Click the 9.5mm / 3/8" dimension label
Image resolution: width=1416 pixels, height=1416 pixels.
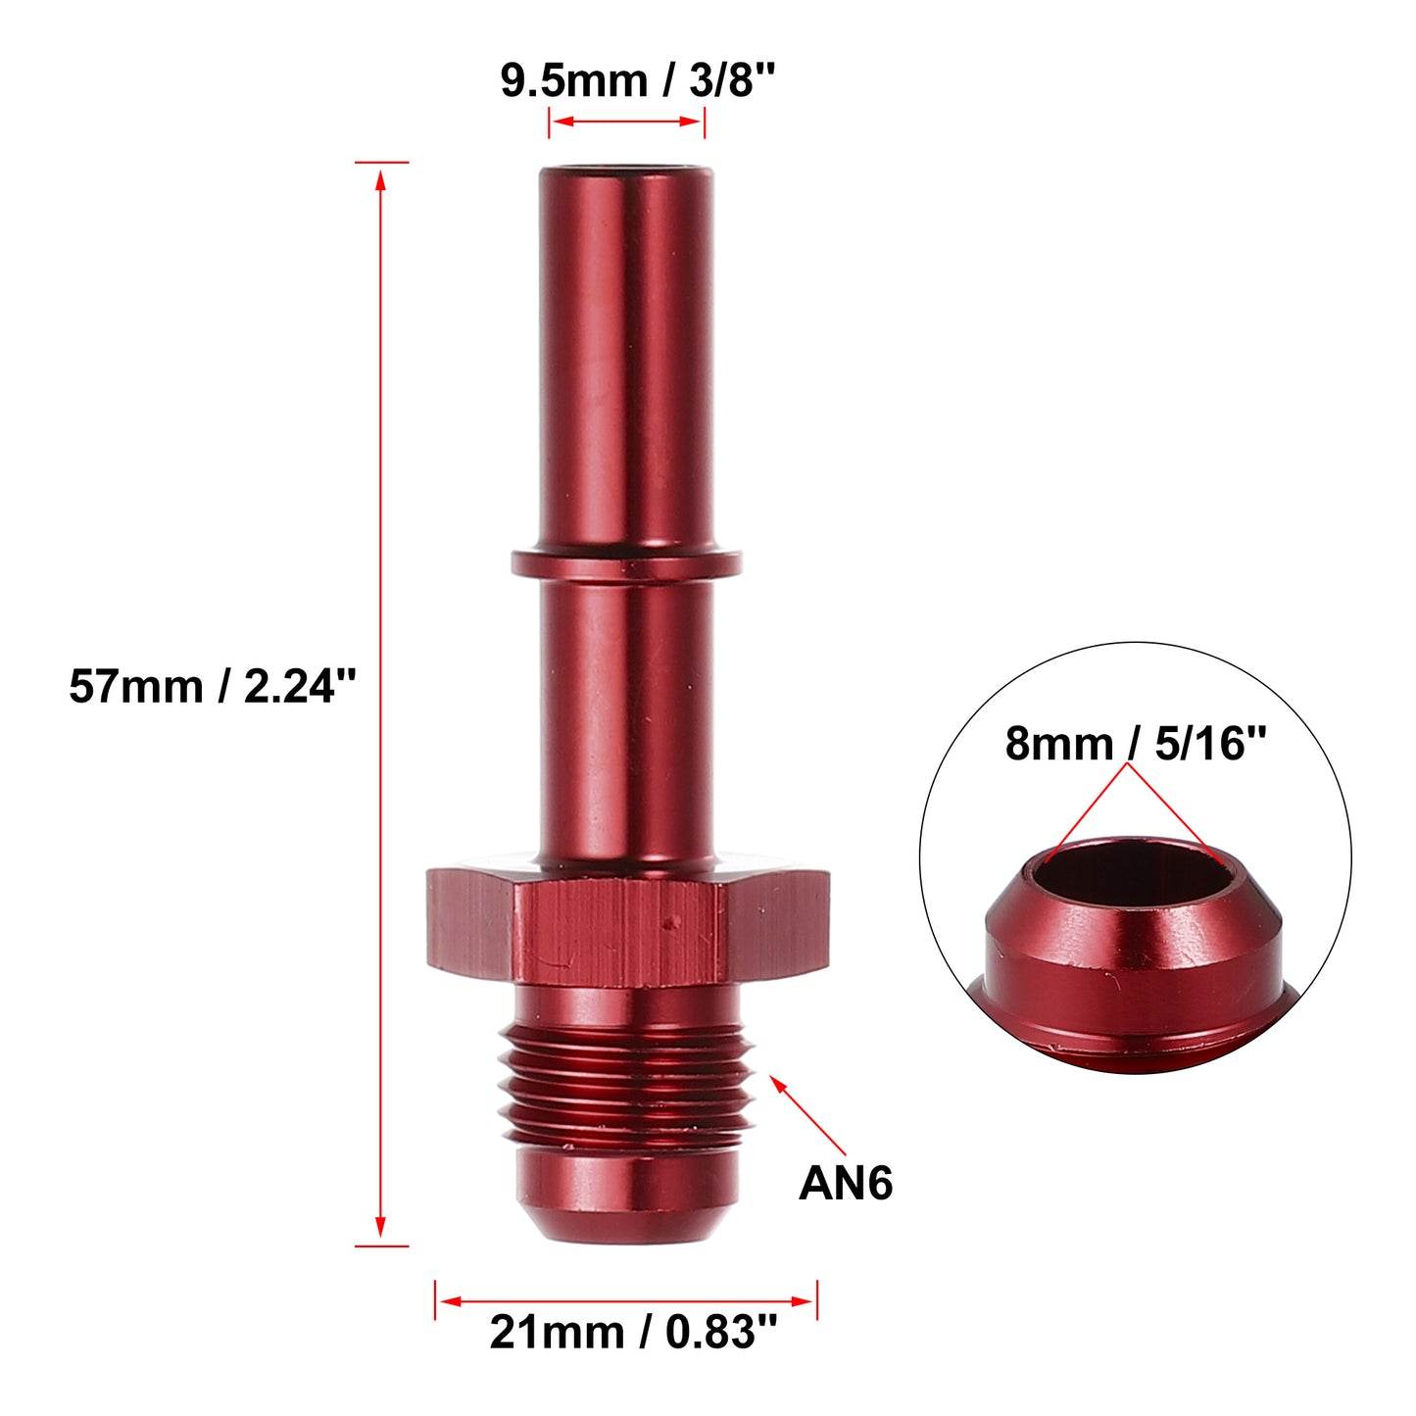click(x=638, y=80)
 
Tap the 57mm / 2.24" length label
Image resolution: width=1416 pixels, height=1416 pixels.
click(x=213, y=687)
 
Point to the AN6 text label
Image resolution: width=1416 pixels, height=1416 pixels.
click(x=845, y=1183)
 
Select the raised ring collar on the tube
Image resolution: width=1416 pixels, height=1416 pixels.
click(x=626, y=563)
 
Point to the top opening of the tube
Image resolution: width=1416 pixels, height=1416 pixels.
click(x=626, y=168)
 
